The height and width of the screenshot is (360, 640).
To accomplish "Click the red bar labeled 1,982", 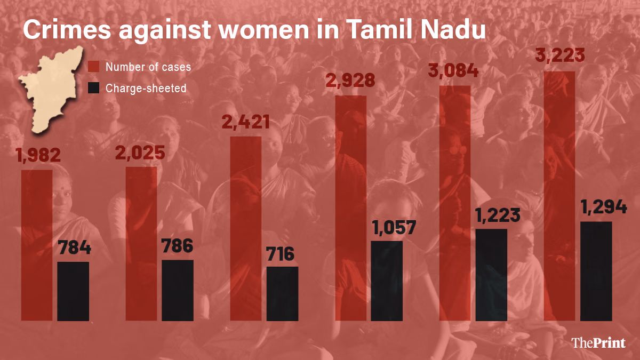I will tap(37, 245).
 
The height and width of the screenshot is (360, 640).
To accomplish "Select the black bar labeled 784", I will tap(73, 291).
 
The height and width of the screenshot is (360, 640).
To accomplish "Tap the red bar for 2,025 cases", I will tap(141, 244).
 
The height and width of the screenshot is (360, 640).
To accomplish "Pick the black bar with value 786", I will tap(178, 290).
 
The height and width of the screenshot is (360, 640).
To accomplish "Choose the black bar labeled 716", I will tap(282, 293).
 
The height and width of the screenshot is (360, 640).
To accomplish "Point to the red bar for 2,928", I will tap(350, 208).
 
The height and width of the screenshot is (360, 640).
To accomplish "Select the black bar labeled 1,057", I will tap(387, 281).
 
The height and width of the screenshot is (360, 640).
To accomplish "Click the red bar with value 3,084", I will tap(455, 203).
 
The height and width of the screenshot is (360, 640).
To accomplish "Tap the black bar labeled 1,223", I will tap(491, 275).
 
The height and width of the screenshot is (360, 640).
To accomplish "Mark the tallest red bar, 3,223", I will tap(559, 196).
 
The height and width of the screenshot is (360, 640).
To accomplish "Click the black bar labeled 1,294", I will tap(596, 271).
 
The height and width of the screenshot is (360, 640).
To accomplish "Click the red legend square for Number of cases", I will tap(94, 67).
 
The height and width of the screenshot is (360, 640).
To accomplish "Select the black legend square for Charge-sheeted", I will tap(94, 88).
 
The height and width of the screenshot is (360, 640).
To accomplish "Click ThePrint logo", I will tap(598, 343).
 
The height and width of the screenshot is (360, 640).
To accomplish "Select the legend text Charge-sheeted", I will tap(146, 89).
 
